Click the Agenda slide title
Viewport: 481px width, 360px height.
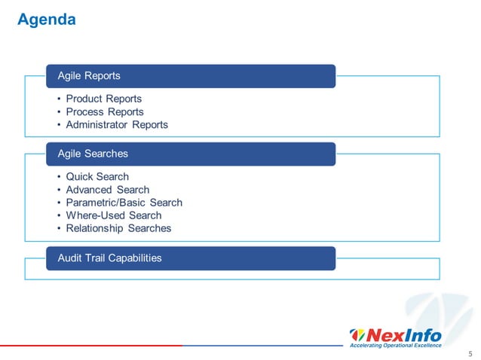click(47, 20)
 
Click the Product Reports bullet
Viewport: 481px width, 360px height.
click(103, 99)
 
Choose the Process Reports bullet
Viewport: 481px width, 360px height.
click(104, 111)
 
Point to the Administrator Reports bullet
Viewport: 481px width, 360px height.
click(117, 124)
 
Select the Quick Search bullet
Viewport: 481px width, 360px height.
click(97, 177)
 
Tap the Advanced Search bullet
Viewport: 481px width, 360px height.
click(107, 190)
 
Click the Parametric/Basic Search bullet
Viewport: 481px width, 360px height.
click(124, 203)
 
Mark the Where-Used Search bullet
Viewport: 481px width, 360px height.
click(113, 215)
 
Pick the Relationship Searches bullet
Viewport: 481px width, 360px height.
click(118, 228)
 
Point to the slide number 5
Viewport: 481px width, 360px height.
click(470, 352)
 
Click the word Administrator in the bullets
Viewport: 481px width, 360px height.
click(97, 124)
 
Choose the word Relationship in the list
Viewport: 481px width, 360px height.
click(95, 228)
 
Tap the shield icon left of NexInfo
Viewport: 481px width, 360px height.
click(358, 335)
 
